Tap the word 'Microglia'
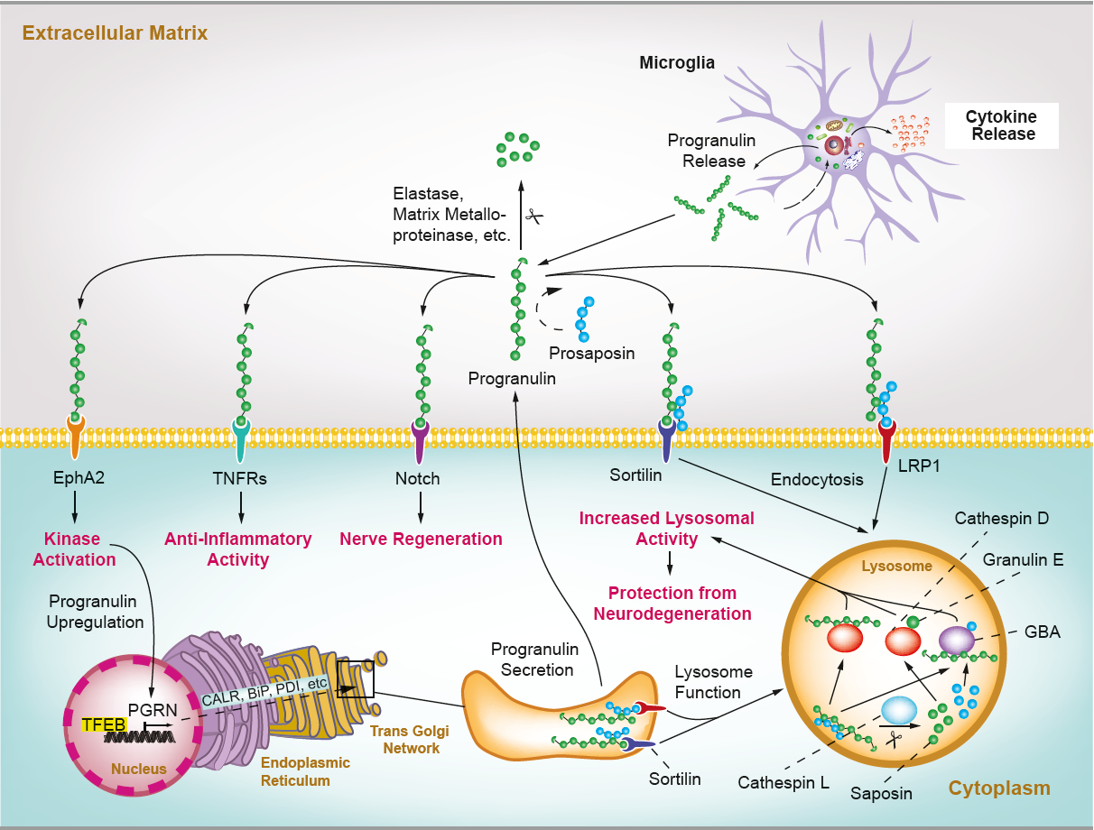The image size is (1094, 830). click(677, 63)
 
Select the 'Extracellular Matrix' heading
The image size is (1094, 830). click(115, 33)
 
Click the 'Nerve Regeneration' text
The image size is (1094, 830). click(421, 539)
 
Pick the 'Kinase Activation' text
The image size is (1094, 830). click(75, 549)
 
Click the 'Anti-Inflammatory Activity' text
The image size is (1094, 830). click(238, 549)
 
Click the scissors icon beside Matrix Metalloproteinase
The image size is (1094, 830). click(534, 217)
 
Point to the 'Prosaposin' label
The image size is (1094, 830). click(591, 353)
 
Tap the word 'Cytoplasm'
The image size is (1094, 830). click(999, 788)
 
